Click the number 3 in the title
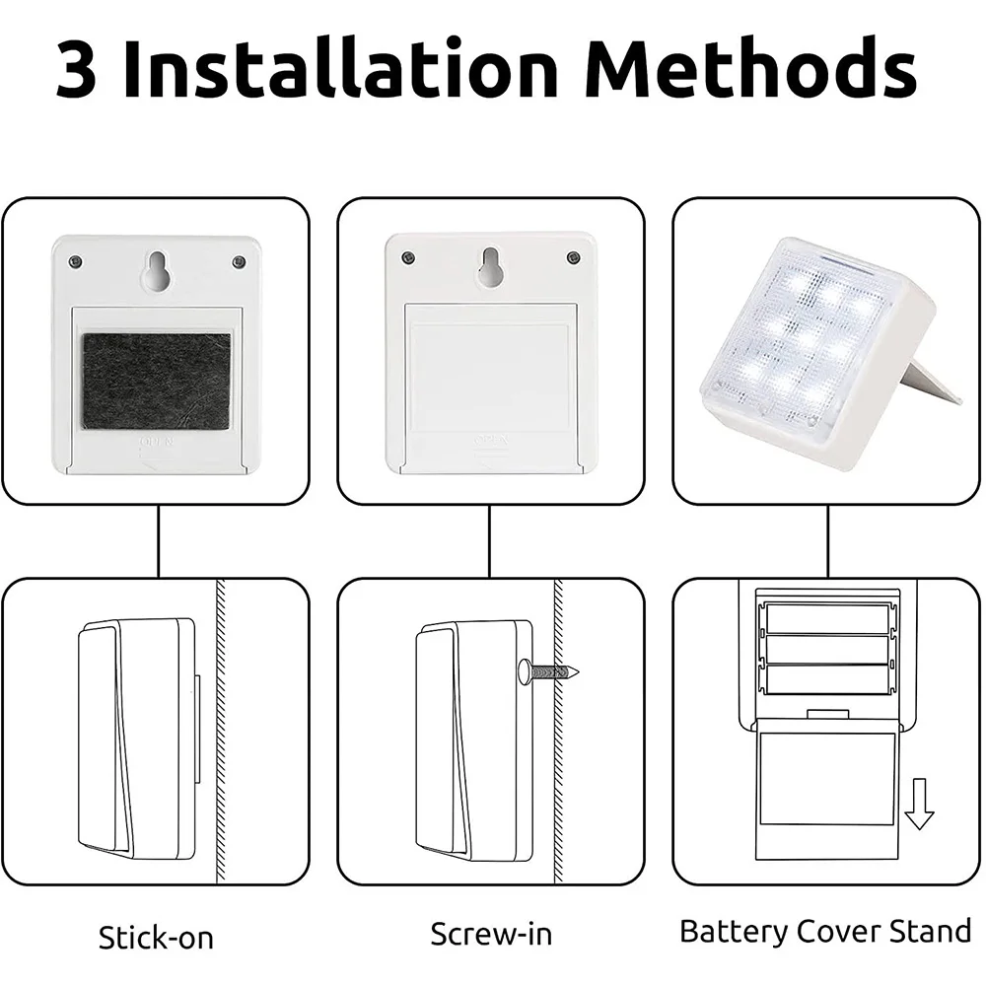pyautogui.click(x=77, y=69)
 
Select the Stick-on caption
pyautogui.click(x=156, y=937)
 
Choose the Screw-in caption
pyautogui.click(x=491, y=934)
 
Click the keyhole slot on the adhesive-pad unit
pyautogui.click(x=157, y=270)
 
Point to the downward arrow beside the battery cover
pyautogui.click(x=919, y=805)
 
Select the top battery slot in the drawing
pyautogui.click(x=827, y=619)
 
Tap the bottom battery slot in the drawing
pyautogui.click(x=827, y=681)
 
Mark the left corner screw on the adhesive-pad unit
pyautogui.click(x=77, y=261)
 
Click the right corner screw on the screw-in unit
pyautogui.click(x=572, y=257)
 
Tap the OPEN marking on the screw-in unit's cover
pyautogui.click(x=490, y=440)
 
